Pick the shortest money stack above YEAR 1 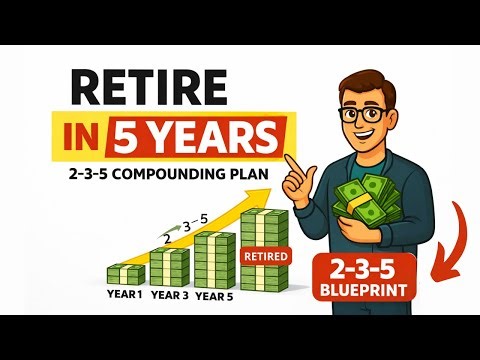pyautogui.click(x=125, y=273)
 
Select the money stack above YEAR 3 pyautogui.click(x=169, y=265)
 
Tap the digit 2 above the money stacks pyautogui.click(x=167, y=237)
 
